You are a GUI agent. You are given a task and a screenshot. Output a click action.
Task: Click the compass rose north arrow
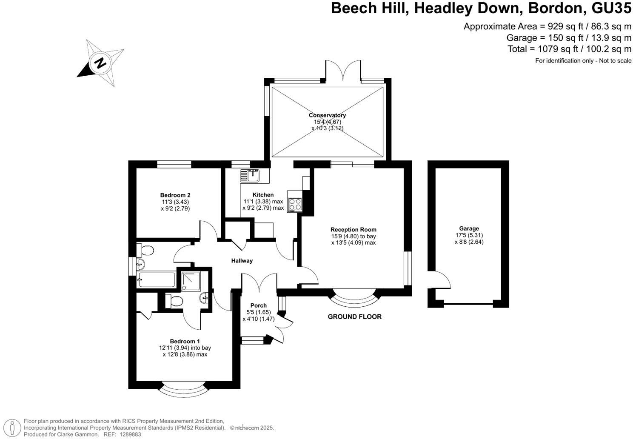100,63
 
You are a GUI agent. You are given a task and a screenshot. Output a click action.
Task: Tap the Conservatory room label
327,115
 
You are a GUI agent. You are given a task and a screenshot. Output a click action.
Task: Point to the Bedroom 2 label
175,195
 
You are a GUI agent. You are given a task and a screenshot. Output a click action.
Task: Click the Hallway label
242,261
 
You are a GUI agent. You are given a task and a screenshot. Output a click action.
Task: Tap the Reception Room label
353,230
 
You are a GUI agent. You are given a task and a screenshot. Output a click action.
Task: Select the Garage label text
469,228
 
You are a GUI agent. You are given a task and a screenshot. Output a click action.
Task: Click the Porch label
258,305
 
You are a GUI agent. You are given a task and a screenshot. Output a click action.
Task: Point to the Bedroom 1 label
185,341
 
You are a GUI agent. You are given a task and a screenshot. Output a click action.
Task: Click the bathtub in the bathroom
156,280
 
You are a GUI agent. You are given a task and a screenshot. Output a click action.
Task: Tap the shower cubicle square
192,280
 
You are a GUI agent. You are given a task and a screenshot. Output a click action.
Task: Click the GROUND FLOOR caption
354,316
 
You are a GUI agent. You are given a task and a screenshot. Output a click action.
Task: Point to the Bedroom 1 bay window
184,390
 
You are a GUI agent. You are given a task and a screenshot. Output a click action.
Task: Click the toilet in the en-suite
174,301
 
